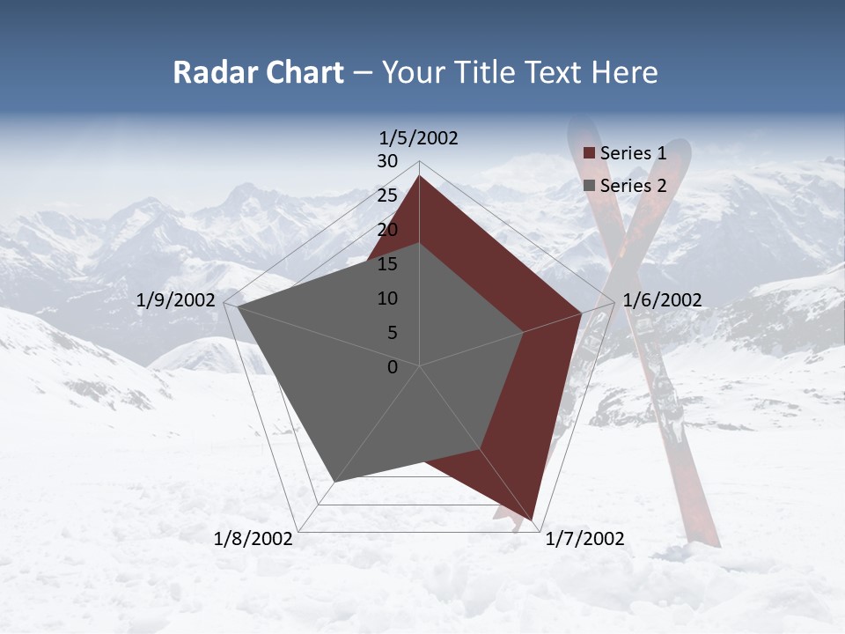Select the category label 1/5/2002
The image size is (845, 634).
click(419, 138)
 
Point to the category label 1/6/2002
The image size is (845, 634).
click(662, 300)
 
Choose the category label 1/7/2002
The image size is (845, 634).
click(584, 539)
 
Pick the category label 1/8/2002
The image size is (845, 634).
click(253, 539)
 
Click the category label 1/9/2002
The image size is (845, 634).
click(176, 300)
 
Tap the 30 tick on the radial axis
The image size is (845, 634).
click(386, 161)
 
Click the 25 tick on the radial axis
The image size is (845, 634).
click(386, 195)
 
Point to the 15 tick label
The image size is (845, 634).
click(386, 264)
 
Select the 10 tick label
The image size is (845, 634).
click(386, 299)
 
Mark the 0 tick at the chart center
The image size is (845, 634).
click(393, 367)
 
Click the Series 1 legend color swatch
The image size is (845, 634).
click(589, 154)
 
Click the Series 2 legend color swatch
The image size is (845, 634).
click(589, 186)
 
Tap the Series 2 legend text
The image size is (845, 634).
click(633, 186)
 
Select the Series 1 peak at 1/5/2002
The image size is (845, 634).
click(419, 176)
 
